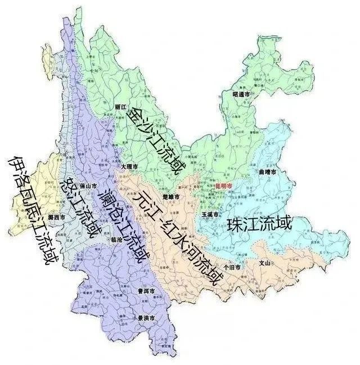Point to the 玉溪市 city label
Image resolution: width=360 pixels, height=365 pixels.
(209, 215)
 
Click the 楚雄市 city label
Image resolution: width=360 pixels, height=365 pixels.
(169, 197)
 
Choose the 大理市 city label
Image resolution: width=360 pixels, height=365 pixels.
(129, 168)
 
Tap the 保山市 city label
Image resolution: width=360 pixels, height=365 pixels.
(89, 184)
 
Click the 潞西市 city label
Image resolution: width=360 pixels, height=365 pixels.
(56, 217)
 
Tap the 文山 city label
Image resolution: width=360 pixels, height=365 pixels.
(264, 263)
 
